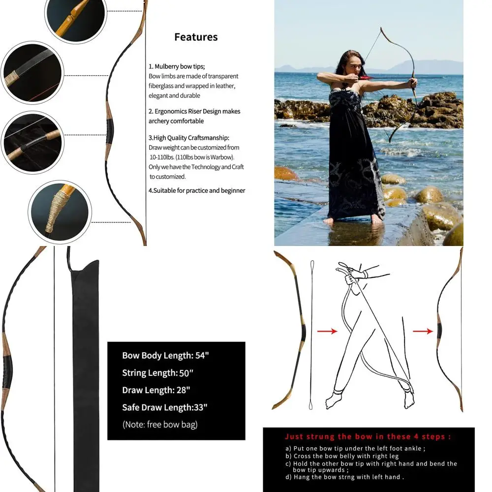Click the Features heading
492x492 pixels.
[196, 37]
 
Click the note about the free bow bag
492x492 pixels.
[160, 425]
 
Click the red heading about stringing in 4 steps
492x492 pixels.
[368, 436]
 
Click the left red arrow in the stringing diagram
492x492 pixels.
[327, 331]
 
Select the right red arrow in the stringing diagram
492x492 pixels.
[423, 332]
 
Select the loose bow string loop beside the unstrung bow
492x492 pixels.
[311, 335]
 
